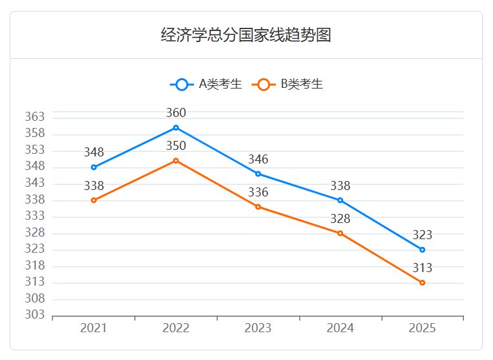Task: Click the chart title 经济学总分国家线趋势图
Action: coord(246,35)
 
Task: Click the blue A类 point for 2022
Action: coord(176,128)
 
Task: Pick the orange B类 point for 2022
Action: coord(176,160)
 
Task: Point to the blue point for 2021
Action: coord(94,167)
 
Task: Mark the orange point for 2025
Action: coord(422,282)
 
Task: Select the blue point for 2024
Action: coord(340,200)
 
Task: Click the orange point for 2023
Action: coord(258,207)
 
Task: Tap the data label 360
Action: coord(176,113)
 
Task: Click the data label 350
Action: coord(176,146)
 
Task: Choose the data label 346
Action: coord(258,160)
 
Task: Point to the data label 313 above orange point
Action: coord(422,268)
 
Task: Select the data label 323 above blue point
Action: coord(422,235)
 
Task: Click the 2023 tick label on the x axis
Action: coord(258,328)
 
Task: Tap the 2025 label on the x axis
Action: coord(422,328)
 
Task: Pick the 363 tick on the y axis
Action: coord(35,118)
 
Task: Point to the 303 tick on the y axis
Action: coord(35,315)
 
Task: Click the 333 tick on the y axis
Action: coord(35,217)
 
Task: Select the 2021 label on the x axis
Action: coord(94,328)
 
